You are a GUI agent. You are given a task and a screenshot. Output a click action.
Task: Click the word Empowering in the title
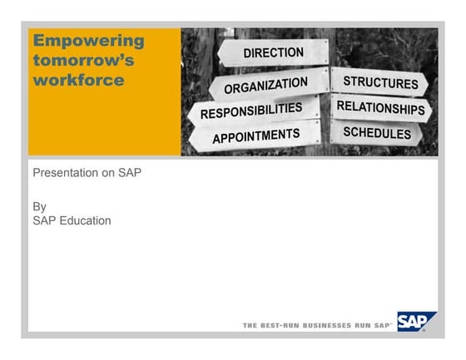88,41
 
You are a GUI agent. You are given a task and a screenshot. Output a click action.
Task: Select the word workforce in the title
78,81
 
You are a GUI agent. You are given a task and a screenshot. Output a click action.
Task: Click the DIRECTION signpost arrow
273,52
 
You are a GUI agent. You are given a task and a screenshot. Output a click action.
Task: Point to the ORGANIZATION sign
265,86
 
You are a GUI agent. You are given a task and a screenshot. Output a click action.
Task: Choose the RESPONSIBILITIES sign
251,111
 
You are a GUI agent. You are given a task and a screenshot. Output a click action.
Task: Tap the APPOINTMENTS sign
255,136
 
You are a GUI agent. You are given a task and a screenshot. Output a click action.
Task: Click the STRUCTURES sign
380,82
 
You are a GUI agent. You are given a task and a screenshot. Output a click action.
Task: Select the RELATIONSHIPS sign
380,108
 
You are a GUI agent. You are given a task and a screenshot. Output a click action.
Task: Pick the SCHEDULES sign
377,133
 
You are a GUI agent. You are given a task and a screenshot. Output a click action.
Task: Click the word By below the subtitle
39,206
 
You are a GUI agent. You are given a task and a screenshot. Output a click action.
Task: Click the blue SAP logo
416,322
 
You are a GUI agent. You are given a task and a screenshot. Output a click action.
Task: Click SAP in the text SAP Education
43,220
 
